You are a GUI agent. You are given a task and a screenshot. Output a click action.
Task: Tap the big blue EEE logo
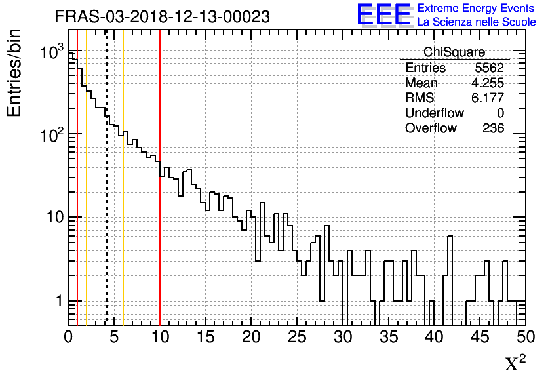point(384,14)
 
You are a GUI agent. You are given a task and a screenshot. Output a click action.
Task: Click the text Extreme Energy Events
point(477,9)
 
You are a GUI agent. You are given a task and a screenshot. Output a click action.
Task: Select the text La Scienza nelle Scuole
point(477,22)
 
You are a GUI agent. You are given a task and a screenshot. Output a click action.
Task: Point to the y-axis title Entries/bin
point(14,73)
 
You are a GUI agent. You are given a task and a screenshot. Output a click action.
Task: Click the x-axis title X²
point(515,363)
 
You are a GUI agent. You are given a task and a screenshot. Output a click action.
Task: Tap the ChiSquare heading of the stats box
point(454,52)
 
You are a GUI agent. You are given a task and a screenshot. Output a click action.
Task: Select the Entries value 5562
point(490,68)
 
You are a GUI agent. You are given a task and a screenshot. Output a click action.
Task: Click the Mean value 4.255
point(488,83)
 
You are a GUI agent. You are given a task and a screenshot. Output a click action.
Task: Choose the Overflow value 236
point(493,128)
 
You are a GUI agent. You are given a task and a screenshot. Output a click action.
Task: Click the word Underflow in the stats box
point(434,113)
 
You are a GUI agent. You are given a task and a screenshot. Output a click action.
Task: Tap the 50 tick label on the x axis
point(524,338)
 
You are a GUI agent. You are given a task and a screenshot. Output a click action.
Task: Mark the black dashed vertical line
point(107,197)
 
